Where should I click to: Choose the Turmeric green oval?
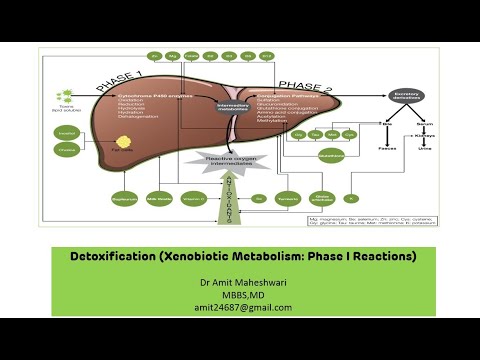[x=290, y=199]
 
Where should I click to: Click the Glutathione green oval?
[x=331, y=156]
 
